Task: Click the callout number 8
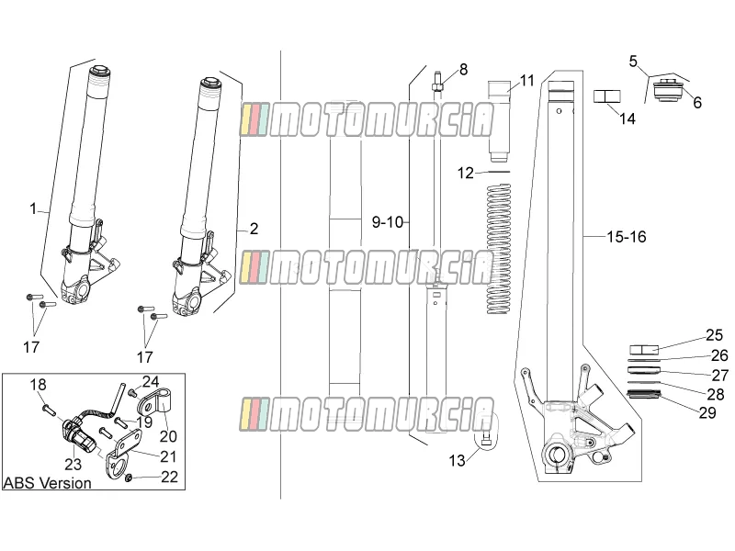pos(463,70)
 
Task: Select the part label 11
pos(527,81)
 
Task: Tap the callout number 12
pos(466,174)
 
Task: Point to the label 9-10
pos(388,222)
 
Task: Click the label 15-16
pos(627,237)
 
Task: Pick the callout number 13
pos(457,461)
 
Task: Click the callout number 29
pos(707,412)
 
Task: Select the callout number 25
pos(715,335)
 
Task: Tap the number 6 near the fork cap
pos(697,103)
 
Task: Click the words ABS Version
pos(48,483)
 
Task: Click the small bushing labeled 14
pos(606,96)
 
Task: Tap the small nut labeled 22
pos(128,478)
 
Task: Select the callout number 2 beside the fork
pos(254,229)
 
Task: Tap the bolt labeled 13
pos(485,440)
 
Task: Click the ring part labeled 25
pos(644,350)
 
